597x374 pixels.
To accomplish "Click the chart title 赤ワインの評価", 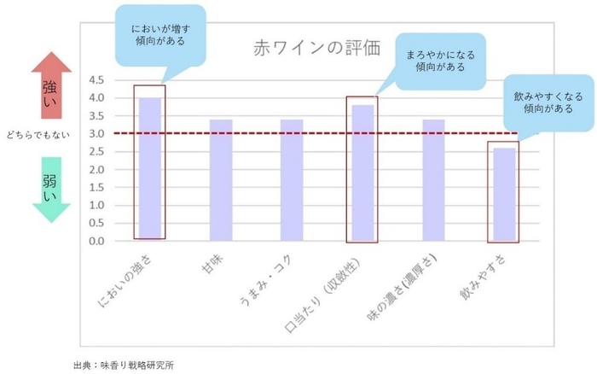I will click(x=306, y=47).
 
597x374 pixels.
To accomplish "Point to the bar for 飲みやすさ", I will click(x=504, y=194).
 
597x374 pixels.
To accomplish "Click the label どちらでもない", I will click(x=36, y=134).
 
